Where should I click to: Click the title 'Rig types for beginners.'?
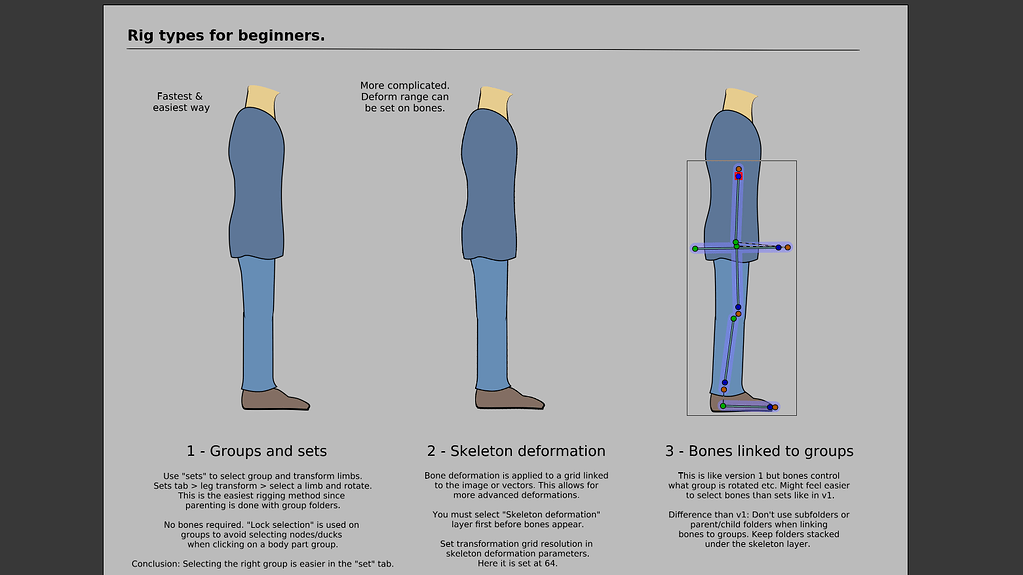point(225,36)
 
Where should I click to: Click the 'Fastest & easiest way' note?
point(181,102)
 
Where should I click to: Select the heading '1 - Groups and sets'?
point(256,451)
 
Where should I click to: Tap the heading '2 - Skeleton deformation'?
point(516,451)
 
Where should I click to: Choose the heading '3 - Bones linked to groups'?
point(759,451)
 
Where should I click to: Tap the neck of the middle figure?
point(494,98)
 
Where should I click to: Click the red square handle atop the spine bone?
point(738,174)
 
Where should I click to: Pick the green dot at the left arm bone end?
point(695,248)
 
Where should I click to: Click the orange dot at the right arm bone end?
point(788,247)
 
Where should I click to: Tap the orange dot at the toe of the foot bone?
point(776,408)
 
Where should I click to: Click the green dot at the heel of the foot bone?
point(723,406)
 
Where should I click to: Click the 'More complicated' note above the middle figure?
point(405,96)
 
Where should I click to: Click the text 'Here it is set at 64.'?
point(516,563)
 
